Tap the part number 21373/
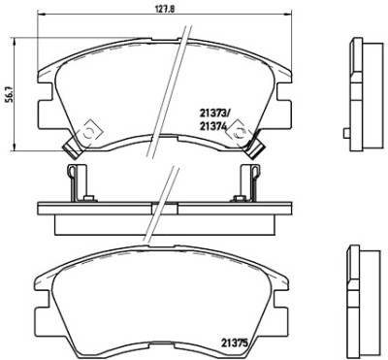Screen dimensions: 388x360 pos(213,113)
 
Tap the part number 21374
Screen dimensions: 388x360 pos(212,127)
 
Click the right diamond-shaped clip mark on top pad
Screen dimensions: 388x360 pos(239,132)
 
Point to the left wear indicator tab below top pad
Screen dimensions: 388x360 pos(72,147)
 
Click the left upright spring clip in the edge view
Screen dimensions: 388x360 pos(77,182)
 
